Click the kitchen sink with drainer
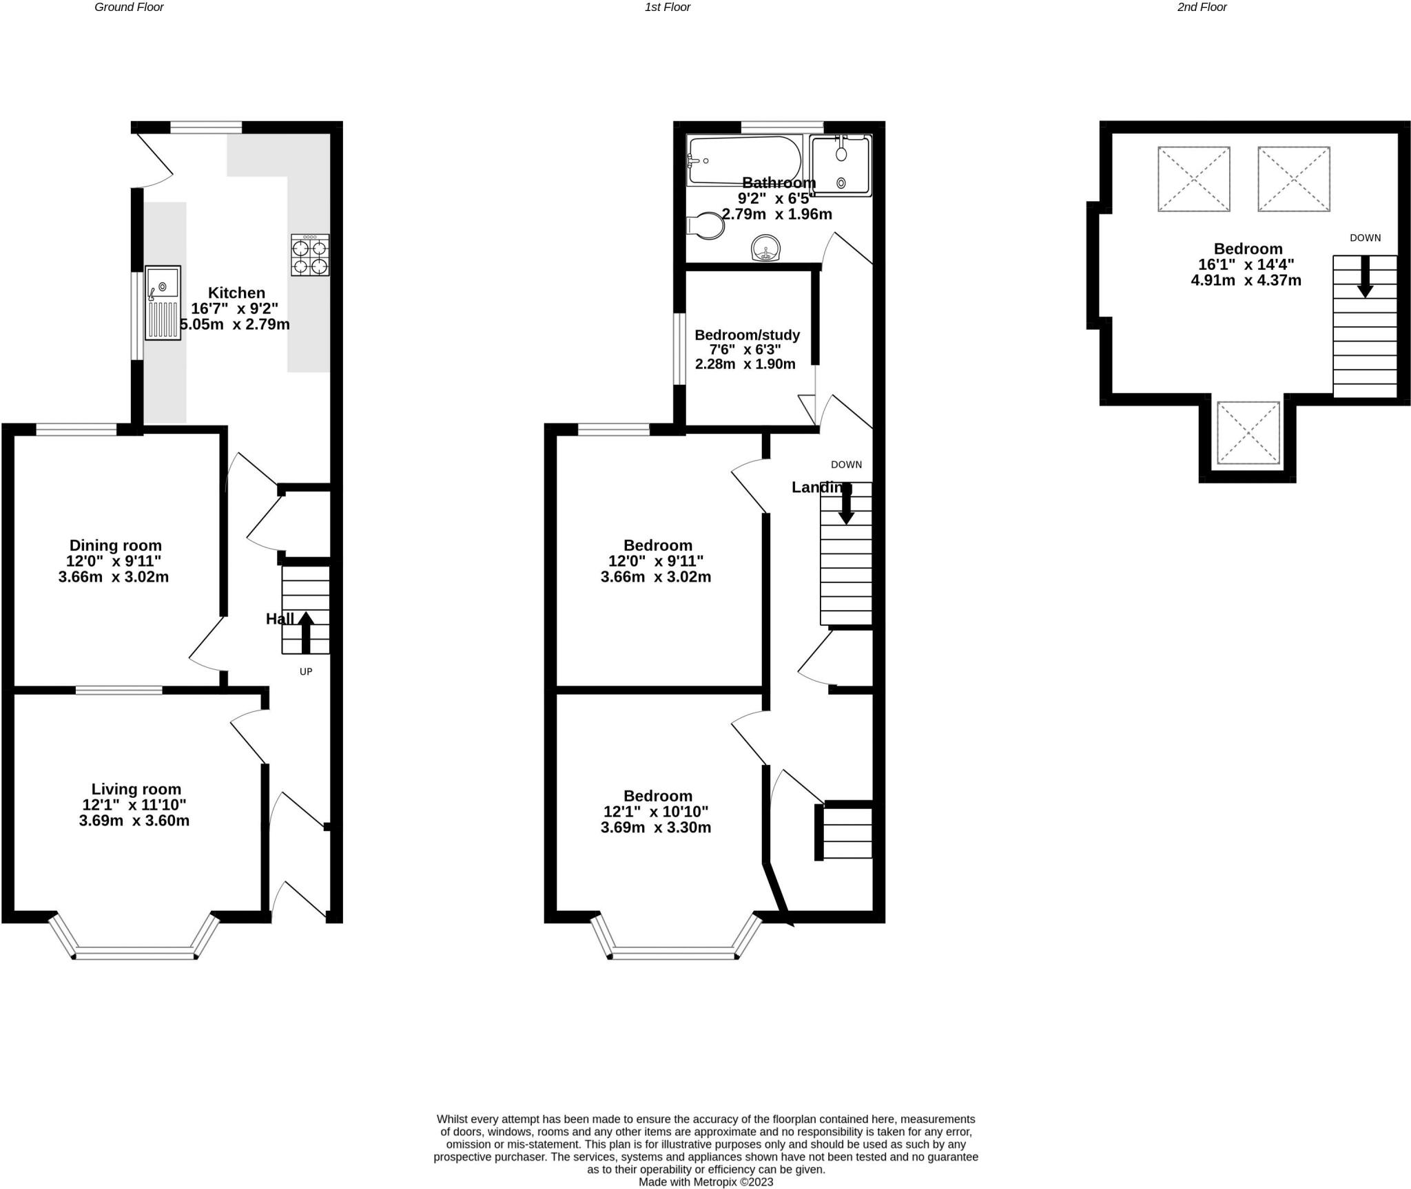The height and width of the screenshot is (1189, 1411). pos(163,303)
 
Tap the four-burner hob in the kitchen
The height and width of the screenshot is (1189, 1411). pos(310,255)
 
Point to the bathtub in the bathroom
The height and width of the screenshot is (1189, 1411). pos(745,160)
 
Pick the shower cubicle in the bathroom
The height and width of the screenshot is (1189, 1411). pos(841,165)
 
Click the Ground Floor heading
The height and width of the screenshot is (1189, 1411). pos(130,8)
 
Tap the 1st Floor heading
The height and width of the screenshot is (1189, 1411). pos(668,8)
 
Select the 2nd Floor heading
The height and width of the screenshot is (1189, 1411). pos(1202,8)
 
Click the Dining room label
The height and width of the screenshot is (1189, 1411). pos(116,546)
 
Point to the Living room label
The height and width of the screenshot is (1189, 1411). pos(136,790)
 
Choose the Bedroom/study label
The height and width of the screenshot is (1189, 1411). pos(748,335)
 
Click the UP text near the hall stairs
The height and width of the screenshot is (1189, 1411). pos(306,671)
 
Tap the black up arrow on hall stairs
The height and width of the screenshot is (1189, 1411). pos(306,633)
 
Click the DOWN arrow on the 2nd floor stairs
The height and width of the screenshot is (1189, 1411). pos(1365,277)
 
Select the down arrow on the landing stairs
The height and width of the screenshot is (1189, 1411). pos(846,503)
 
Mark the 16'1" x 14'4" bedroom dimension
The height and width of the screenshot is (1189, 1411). pos(1246,264)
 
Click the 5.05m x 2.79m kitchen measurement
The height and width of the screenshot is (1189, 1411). pos(235,324)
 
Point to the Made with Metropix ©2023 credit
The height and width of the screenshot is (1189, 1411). pos(706,1182)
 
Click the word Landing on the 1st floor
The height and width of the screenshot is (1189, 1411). pos(822,487)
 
